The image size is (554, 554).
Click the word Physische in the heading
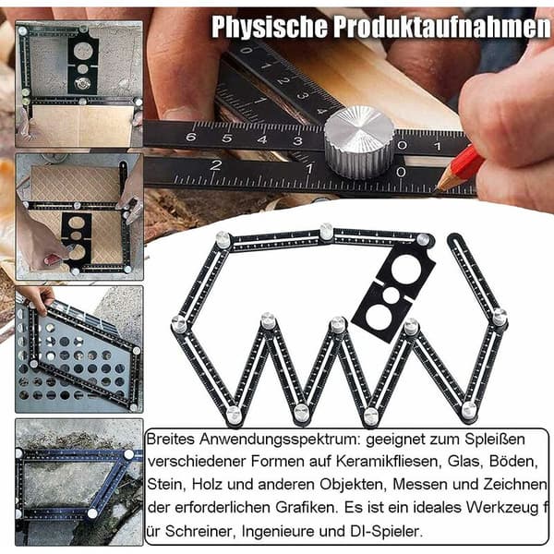[x=269, y=27]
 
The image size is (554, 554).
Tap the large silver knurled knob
[x=359, y=142]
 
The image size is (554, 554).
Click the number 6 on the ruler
[x=190, y=137]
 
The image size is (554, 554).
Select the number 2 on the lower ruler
[x=216, y=164]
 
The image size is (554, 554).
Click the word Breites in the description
[x=171, y=440]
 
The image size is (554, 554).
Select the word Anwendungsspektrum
[x=280, y=440]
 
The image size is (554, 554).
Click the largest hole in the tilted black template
[x=406, y=270]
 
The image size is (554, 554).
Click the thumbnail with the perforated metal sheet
[x=79, y=349]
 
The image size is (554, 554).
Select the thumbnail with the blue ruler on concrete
[x=79, y=482]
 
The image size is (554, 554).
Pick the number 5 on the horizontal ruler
[x=226, y=138]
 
